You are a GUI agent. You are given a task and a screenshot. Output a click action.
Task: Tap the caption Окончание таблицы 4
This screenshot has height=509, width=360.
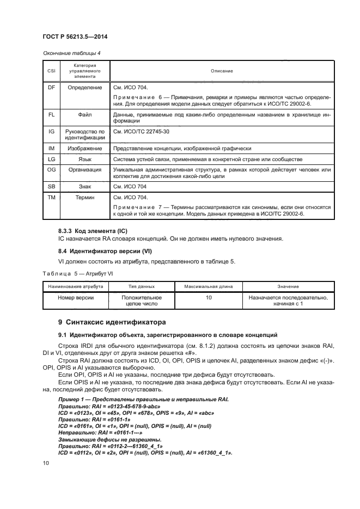pos(71,53)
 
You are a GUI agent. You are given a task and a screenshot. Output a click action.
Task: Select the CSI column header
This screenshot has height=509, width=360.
pos(51,71)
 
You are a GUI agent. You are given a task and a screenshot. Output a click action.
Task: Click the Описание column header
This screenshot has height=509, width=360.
pos(222,71)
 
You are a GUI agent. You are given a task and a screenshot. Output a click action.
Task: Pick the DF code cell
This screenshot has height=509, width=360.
pos(51,87)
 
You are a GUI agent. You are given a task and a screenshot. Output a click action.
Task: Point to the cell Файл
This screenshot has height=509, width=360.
pos(84,115)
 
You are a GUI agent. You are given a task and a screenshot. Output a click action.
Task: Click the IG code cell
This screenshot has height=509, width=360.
pos(51,132)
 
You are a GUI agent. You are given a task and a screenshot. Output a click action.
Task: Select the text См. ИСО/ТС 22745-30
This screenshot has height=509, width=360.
pos(141,132)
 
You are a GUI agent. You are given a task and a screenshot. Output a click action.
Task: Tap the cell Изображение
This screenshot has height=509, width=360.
pos(84,149)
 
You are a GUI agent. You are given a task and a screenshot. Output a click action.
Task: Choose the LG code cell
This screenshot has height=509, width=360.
pos(51,159)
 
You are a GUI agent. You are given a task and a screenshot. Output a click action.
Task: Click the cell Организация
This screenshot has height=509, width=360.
pos(84,170)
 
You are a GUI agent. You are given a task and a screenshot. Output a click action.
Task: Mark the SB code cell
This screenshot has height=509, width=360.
pos(51,186)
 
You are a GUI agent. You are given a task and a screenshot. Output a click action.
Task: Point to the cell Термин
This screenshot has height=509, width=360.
pos(84,198)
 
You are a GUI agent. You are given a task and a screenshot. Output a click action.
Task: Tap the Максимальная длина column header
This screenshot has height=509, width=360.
pos(209,286)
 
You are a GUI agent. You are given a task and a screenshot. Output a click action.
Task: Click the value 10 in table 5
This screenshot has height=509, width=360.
pos(209,298)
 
